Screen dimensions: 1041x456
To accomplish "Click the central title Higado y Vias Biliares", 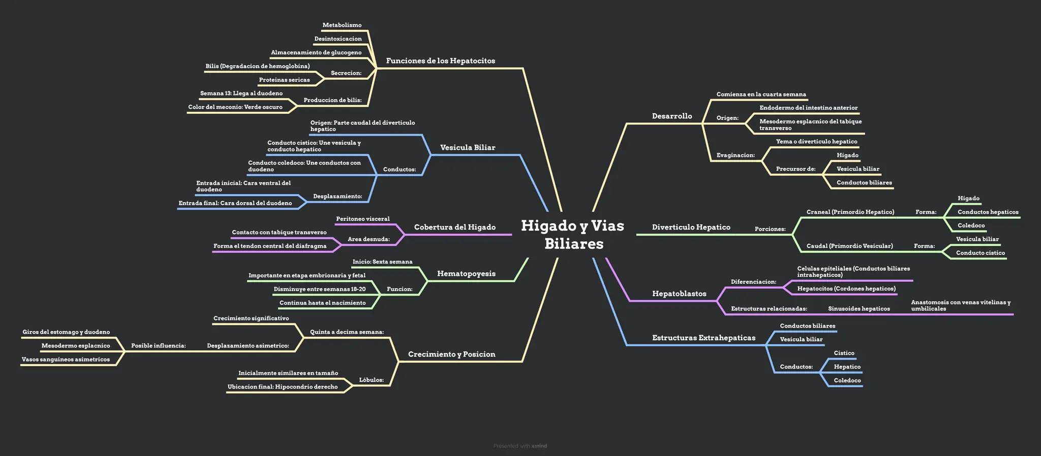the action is (573, 234).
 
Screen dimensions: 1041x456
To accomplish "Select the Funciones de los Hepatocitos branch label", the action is (440, 61).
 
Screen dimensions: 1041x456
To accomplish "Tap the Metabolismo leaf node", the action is (342, 25).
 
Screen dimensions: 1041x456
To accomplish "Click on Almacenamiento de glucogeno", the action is (316, 53).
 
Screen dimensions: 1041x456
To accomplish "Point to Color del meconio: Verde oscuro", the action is (235, 107).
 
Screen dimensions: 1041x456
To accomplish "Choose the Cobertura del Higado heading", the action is (455, 227).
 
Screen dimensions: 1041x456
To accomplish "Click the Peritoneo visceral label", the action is (363, 219).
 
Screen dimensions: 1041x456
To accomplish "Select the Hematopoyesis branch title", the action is (466, 274).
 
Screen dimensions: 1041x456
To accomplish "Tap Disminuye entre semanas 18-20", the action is (320, 289).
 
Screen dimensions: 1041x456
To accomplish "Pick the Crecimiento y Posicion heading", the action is (452, 354).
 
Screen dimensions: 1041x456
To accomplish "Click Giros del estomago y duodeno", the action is (66, 332).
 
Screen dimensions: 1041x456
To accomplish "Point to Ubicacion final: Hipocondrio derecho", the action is (283, 387).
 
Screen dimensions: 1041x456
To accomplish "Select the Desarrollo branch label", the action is (672, 116).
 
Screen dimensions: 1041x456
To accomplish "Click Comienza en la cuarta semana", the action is (761, 94).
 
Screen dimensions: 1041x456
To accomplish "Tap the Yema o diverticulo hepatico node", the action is (817, 142).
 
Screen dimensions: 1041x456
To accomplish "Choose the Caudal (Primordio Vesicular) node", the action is (850, 246).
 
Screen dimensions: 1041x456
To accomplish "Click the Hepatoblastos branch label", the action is (679, 294).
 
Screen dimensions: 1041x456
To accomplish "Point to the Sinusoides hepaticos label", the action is (859, 309).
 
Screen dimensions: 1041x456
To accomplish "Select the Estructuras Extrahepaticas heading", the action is (704, 338).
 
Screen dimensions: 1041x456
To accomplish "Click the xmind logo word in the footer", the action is (539, 446).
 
